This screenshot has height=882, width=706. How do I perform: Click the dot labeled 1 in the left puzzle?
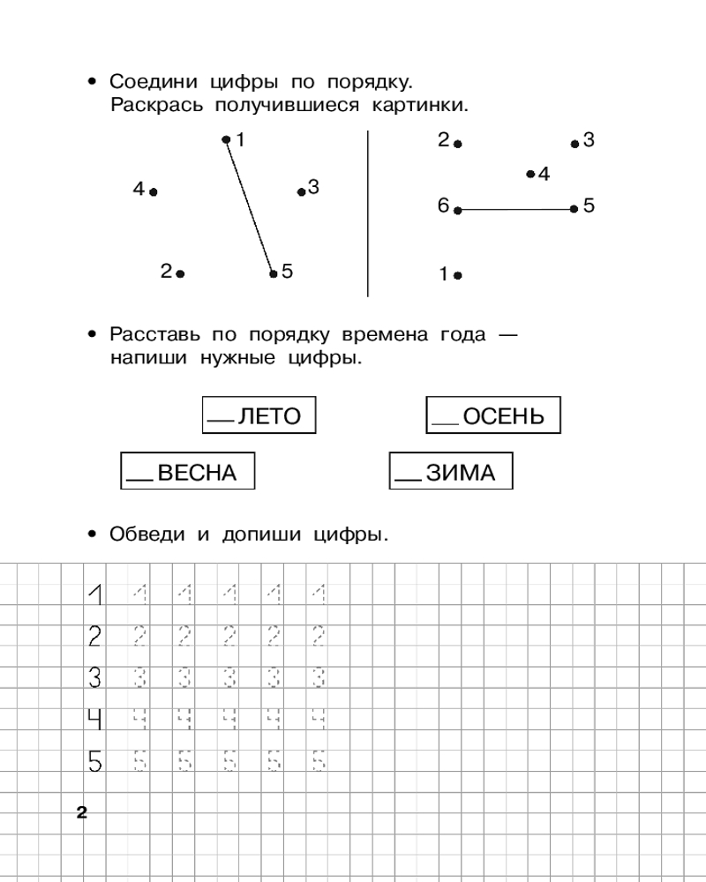tap(226, 139)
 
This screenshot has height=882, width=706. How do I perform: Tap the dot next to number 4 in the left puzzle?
tap(154, 191)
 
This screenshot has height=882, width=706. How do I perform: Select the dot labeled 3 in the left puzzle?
tap(301, 191)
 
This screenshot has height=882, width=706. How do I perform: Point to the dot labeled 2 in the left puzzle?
tap(180, 273)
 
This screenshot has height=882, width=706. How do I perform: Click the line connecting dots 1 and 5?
tap(250, 206)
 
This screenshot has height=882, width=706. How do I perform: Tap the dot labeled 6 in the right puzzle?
tap(457, 210)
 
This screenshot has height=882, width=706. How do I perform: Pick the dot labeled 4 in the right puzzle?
tap(530, 175)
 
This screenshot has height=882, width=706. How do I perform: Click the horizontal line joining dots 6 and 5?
tap(516, 210)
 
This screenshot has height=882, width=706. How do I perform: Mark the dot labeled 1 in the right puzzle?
tap(457, 275)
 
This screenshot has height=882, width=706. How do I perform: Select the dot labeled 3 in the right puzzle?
tap(575, 143)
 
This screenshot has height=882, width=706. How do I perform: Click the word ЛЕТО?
tap(270, 416)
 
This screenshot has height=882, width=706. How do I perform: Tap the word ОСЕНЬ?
tap(504, 416)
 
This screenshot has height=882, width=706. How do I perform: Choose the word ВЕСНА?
tap(198, 473)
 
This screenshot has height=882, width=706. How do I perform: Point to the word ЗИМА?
tap(461, 473)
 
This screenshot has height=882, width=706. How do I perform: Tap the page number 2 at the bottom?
tap(82, 813)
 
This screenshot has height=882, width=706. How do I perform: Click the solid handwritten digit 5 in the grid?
tap(94, 760)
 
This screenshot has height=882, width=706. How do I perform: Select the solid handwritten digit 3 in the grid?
tap(94, 678)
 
